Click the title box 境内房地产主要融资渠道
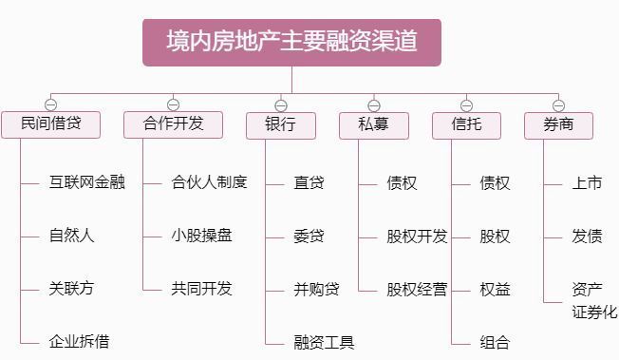tap(291, 43)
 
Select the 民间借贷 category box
tap(49, 124)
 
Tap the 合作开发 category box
tap(174, 124)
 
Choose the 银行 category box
tap(280, 125)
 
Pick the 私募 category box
tap(373, 125)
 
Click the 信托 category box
tap(465, 125)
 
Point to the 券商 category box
tap(558, 125)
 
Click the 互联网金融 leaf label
tap(86, 182)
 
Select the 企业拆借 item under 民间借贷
tap(79, 341)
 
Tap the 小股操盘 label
tap(201, 236)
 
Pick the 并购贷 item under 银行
tap(316, 289)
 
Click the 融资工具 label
tap(324, 342)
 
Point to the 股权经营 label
tap(417, 289)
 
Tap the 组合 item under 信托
tap(495, 342)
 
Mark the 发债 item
tap(587, 236)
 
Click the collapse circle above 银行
tap(280, 105)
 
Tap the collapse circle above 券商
tap(558, 105)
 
